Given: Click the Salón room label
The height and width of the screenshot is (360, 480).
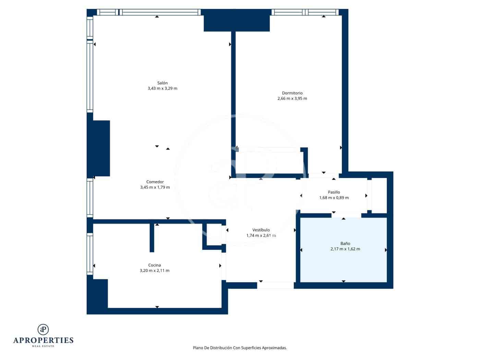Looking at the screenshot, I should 162,83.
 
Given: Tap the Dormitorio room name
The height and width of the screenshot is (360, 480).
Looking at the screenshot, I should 292,93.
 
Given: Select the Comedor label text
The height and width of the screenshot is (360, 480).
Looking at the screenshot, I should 155,182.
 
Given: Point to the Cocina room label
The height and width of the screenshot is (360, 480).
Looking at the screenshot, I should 154,265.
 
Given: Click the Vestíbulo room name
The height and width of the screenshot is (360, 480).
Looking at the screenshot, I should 261,230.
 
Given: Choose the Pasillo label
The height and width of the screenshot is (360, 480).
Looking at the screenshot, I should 334,192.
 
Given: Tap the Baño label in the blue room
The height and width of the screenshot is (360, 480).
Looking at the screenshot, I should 345,243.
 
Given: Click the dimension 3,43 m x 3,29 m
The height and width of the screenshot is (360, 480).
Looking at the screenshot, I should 162,88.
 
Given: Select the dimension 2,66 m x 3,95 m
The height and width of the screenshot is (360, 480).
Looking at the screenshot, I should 292,99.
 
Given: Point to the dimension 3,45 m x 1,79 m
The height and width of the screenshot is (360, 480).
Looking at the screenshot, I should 155,188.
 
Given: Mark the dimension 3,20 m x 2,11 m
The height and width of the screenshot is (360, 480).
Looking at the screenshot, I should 154,271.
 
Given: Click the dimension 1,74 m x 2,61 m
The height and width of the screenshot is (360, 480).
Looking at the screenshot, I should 261,236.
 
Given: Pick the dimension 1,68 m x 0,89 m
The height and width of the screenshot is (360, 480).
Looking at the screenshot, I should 334,198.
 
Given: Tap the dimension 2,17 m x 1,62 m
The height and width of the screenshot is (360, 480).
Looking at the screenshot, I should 345,249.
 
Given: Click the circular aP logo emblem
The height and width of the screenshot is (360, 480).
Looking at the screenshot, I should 43,329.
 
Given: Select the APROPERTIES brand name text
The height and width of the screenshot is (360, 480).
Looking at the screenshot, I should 43,340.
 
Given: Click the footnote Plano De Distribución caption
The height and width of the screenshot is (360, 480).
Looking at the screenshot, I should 240,348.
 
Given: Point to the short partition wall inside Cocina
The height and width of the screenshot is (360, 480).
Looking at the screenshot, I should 152,238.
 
